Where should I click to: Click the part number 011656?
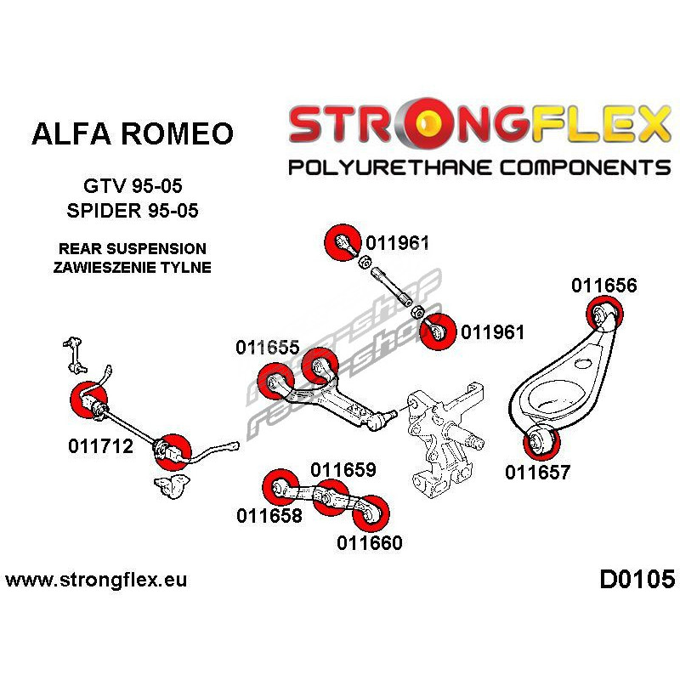[x=603, y=286]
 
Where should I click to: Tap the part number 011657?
[x=538, y=473]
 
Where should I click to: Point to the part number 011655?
[x=268, y=348]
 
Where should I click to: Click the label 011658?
[x=269, y=514]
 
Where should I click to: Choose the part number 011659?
[x=343, y=469]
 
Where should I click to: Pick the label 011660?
[x=369, y=542]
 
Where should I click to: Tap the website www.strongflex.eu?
[x=96, y=581]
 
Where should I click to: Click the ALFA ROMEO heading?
[x=132, y=133]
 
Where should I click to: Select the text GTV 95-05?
[x=132, y=184]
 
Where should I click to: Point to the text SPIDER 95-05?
[x=132, y=210]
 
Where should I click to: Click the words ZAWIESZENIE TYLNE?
[x=132, y=266]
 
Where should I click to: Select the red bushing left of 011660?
[x=374, y=512]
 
